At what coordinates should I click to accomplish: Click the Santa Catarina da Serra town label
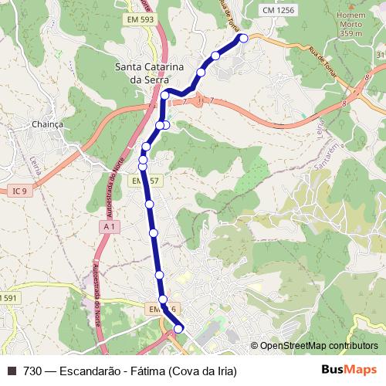click(x=148, y=73)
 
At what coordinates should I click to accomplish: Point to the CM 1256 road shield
click(x=278, y=10)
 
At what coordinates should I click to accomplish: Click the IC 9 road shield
click(x=20, y=190)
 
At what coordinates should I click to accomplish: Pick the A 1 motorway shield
click(x=110, y=226)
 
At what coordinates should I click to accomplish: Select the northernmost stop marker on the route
click(x=244, y=38)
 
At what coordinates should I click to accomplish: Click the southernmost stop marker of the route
click(x=178, y=329)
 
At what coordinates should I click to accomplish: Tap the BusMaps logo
click(x=348, y=370)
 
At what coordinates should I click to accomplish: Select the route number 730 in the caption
click(x=32, y=371)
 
